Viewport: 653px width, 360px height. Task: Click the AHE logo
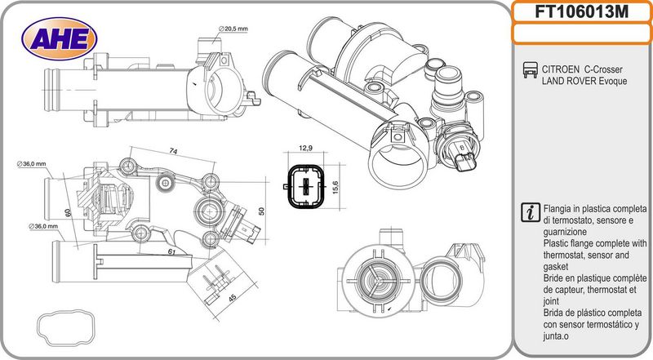click(59, 39)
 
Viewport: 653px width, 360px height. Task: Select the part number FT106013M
click(581, 12)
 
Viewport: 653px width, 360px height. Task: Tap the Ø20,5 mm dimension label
click(233, 29)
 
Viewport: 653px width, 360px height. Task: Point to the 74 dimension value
click(173, 151)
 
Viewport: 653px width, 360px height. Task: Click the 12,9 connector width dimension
click(305, 148)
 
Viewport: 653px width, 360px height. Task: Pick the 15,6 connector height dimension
click(335, 187)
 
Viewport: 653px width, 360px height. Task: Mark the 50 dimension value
click(261, 211)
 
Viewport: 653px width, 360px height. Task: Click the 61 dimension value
click(171, 251)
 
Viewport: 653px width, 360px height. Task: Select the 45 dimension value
click(232, 297)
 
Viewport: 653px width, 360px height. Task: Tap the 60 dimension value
click(68, 212)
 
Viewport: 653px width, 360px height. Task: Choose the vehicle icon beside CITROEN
click(530, 70)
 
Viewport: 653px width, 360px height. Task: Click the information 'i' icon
click(531, 212)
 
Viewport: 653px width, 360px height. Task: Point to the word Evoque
click(613, 81)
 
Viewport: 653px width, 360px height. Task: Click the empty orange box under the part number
click(581, 33)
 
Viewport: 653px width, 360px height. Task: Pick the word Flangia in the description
click(558, 209)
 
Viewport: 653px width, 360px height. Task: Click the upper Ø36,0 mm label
click(32, 164)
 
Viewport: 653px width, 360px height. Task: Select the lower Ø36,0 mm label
click(44, 226)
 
